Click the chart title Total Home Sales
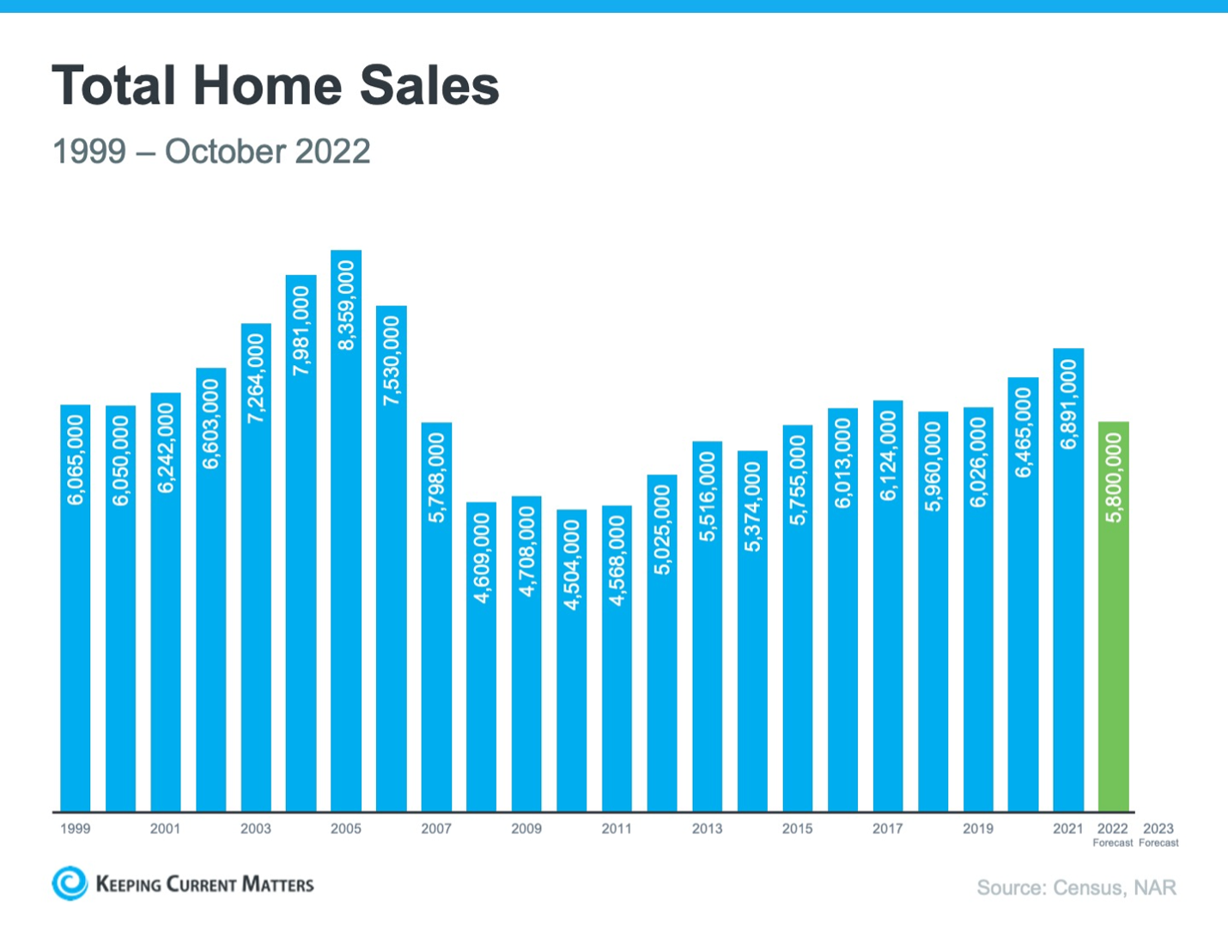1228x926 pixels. (x=275, y=86)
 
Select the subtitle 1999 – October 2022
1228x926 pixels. (x=211, y=152)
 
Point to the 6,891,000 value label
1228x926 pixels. (x=1068, y=405)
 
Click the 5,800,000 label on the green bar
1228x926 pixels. (x=1114, y=478)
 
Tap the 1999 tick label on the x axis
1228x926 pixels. (x=76, y=829)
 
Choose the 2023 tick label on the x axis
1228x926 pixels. (x=1158, y=829)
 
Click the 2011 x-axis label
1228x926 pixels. (x=617, y=829)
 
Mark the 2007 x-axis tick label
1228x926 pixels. (x=436, y=829)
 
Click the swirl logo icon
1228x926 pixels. (x=70, y=883)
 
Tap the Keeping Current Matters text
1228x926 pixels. (x=204, y=885)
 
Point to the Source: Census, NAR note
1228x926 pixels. (x=1076, y=887)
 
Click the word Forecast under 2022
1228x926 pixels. (x=1113, y=844)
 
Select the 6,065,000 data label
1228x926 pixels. (x=76, y=460)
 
